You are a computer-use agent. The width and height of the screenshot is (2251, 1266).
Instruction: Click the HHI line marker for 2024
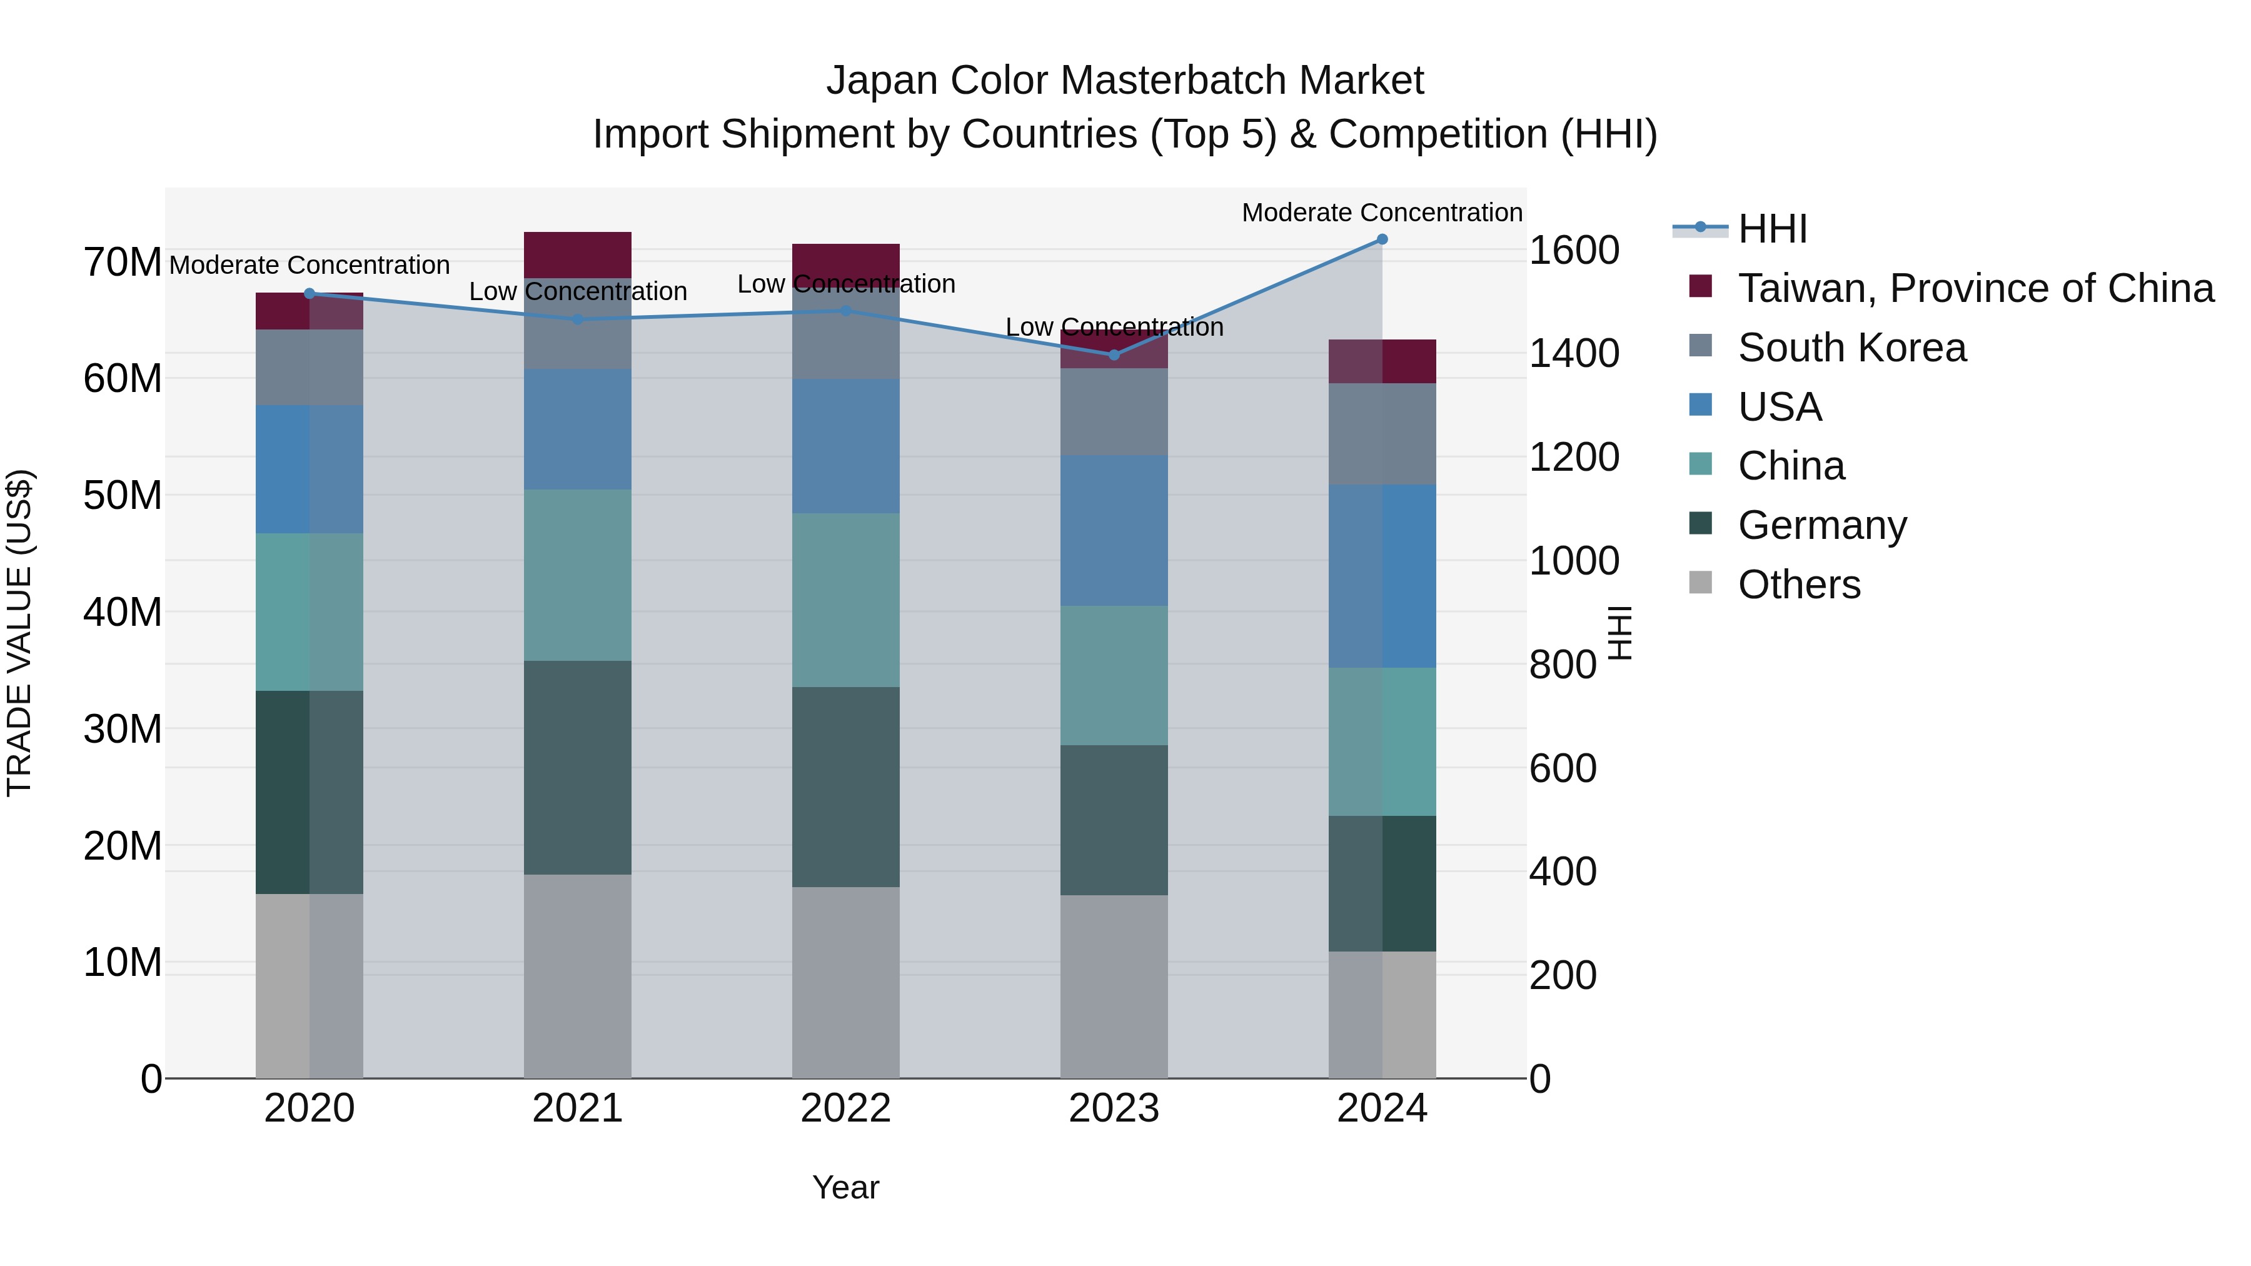click(1381, 239)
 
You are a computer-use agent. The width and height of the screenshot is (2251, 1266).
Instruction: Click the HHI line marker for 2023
click(1113, 354)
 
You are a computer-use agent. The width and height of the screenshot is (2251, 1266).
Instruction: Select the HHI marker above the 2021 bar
click(578, 319)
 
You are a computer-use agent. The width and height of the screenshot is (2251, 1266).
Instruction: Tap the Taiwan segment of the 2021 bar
click(578, 255)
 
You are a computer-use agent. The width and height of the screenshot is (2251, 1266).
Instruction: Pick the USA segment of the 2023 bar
click(1113, 530)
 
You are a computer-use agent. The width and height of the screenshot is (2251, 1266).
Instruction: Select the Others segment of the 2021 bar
click(578, 976)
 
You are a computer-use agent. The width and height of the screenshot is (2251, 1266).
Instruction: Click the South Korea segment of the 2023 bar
click(1113, 411)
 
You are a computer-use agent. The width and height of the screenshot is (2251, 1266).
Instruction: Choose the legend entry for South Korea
click(1851, 348)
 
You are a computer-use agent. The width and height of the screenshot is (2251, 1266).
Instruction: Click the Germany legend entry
click(1822, 525)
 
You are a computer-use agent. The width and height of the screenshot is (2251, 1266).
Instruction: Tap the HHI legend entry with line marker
click(1772, 229)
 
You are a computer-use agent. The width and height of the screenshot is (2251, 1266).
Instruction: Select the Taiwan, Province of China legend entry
click(1975, 288)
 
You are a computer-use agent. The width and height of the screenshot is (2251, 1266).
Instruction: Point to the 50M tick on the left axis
click(123, 495)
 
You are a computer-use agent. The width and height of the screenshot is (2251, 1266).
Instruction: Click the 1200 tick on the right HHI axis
click(1574, 457)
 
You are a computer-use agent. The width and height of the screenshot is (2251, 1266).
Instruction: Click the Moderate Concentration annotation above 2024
click(1381, 213)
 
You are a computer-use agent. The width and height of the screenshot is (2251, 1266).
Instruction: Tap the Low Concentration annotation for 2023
click(1113, 328)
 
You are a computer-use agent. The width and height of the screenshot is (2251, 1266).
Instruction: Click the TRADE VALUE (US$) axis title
click(19, 633)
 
